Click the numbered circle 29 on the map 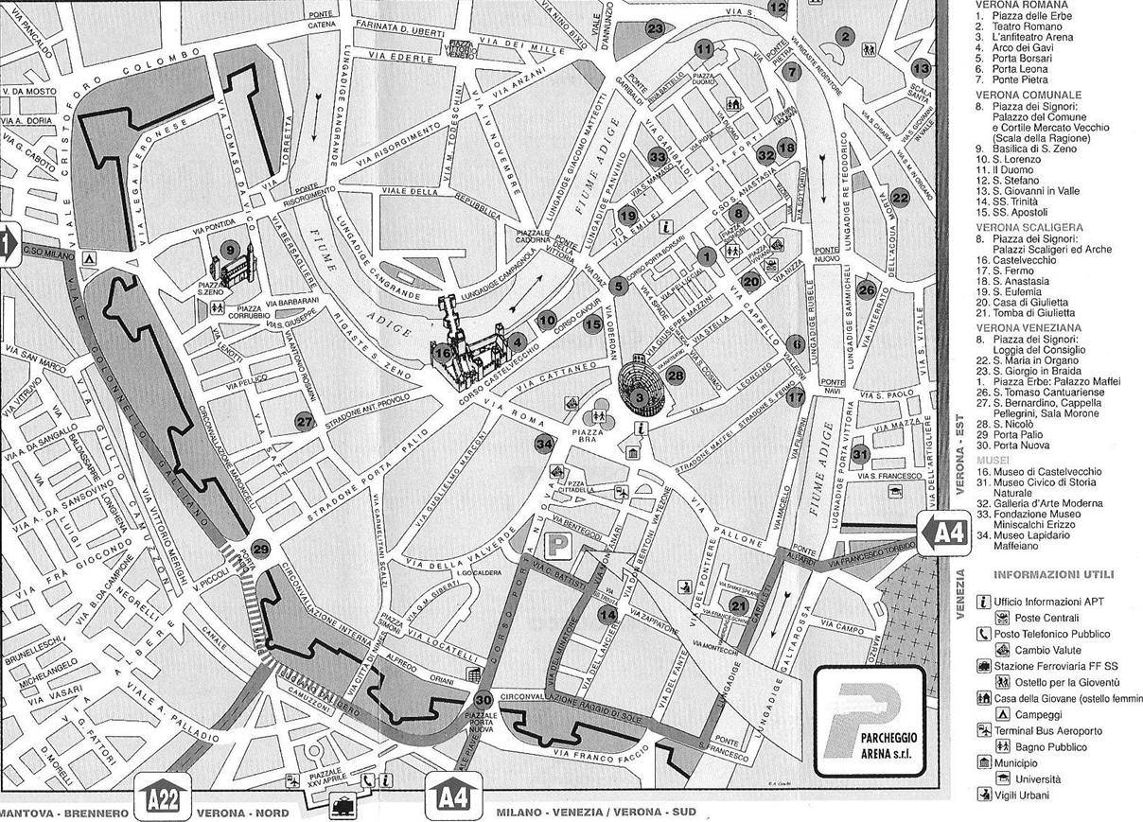(261, 549)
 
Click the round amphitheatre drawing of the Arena (641, 387)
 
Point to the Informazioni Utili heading (1053, 574)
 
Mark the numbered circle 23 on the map (656, 28)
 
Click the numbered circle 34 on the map (544, 443)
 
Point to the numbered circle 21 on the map (738, 605)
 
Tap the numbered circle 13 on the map (921, 68)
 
